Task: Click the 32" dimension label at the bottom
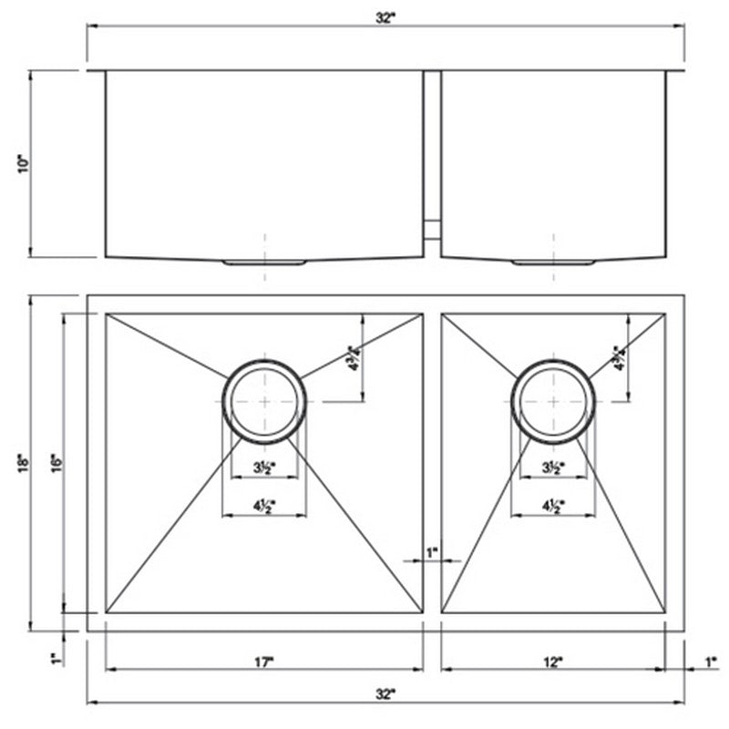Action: (x=387, y=695)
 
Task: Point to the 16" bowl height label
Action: (x=56, y=463)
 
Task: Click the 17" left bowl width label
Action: (x=265, y=662)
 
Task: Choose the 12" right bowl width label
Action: (x=553, y=662)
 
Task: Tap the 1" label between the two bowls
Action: (x=432, y=552)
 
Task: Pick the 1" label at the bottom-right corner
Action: (x=712, y=662)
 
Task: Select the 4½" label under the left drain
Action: (x=264, y=506)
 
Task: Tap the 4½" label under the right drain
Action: (x=553, y=506)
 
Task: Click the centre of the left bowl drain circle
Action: (x=264, y=401)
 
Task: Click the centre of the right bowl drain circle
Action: (x=553, y=402)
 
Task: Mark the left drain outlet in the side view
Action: (x=264, y=262)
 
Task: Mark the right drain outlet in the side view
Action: (x=553, y=262)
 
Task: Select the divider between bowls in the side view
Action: (x=432, y=155)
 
